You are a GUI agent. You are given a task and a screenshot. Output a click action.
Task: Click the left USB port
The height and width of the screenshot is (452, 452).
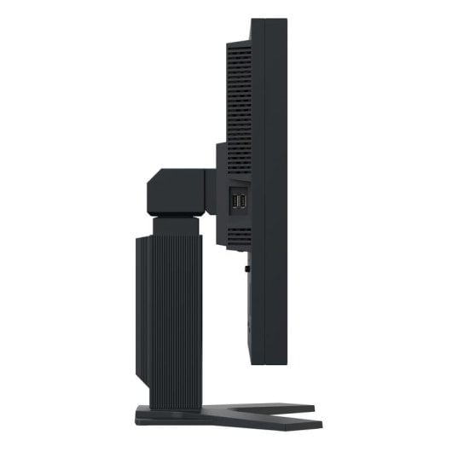pyautogui.click(x=233, y=200)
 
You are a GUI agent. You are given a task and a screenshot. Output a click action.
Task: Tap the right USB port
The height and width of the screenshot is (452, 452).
pyautogui.click(x=241, y=200)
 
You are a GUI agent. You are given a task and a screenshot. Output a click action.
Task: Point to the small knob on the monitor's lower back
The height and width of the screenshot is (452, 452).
pyautogui.click(x=246, y=268)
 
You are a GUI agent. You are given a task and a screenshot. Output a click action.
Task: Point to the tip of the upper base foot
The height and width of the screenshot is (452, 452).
pyautogui.click(x=312, y=409)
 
